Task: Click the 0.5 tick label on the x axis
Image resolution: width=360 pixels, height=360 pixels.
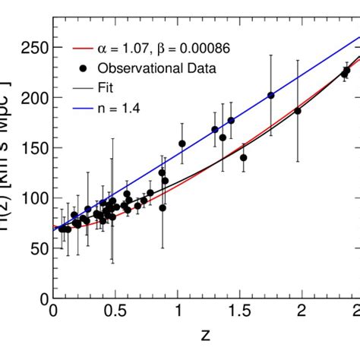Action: pyautogui.click(x=115, y=312)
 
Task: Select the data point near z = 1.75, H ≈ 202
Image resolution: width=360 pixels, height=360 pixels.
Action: pyautogui.click(x=271, y=96)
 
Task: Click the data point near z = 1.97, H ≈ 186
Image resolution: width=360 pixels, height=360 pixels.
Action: pyautogui.click(x=298, y=111)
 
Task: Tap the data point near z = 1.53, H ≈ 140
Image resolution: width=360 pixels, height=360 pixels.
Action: pyautogui.click(x=244, y=157)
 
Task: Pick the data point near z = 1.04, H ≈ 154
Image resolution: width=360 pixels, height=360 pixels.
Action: pyautogui.click(x=182, y=144)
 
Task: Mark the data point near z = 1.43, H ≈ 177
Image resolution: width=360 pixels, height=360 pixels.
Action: pyautogui.click(x=231, y=120)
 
